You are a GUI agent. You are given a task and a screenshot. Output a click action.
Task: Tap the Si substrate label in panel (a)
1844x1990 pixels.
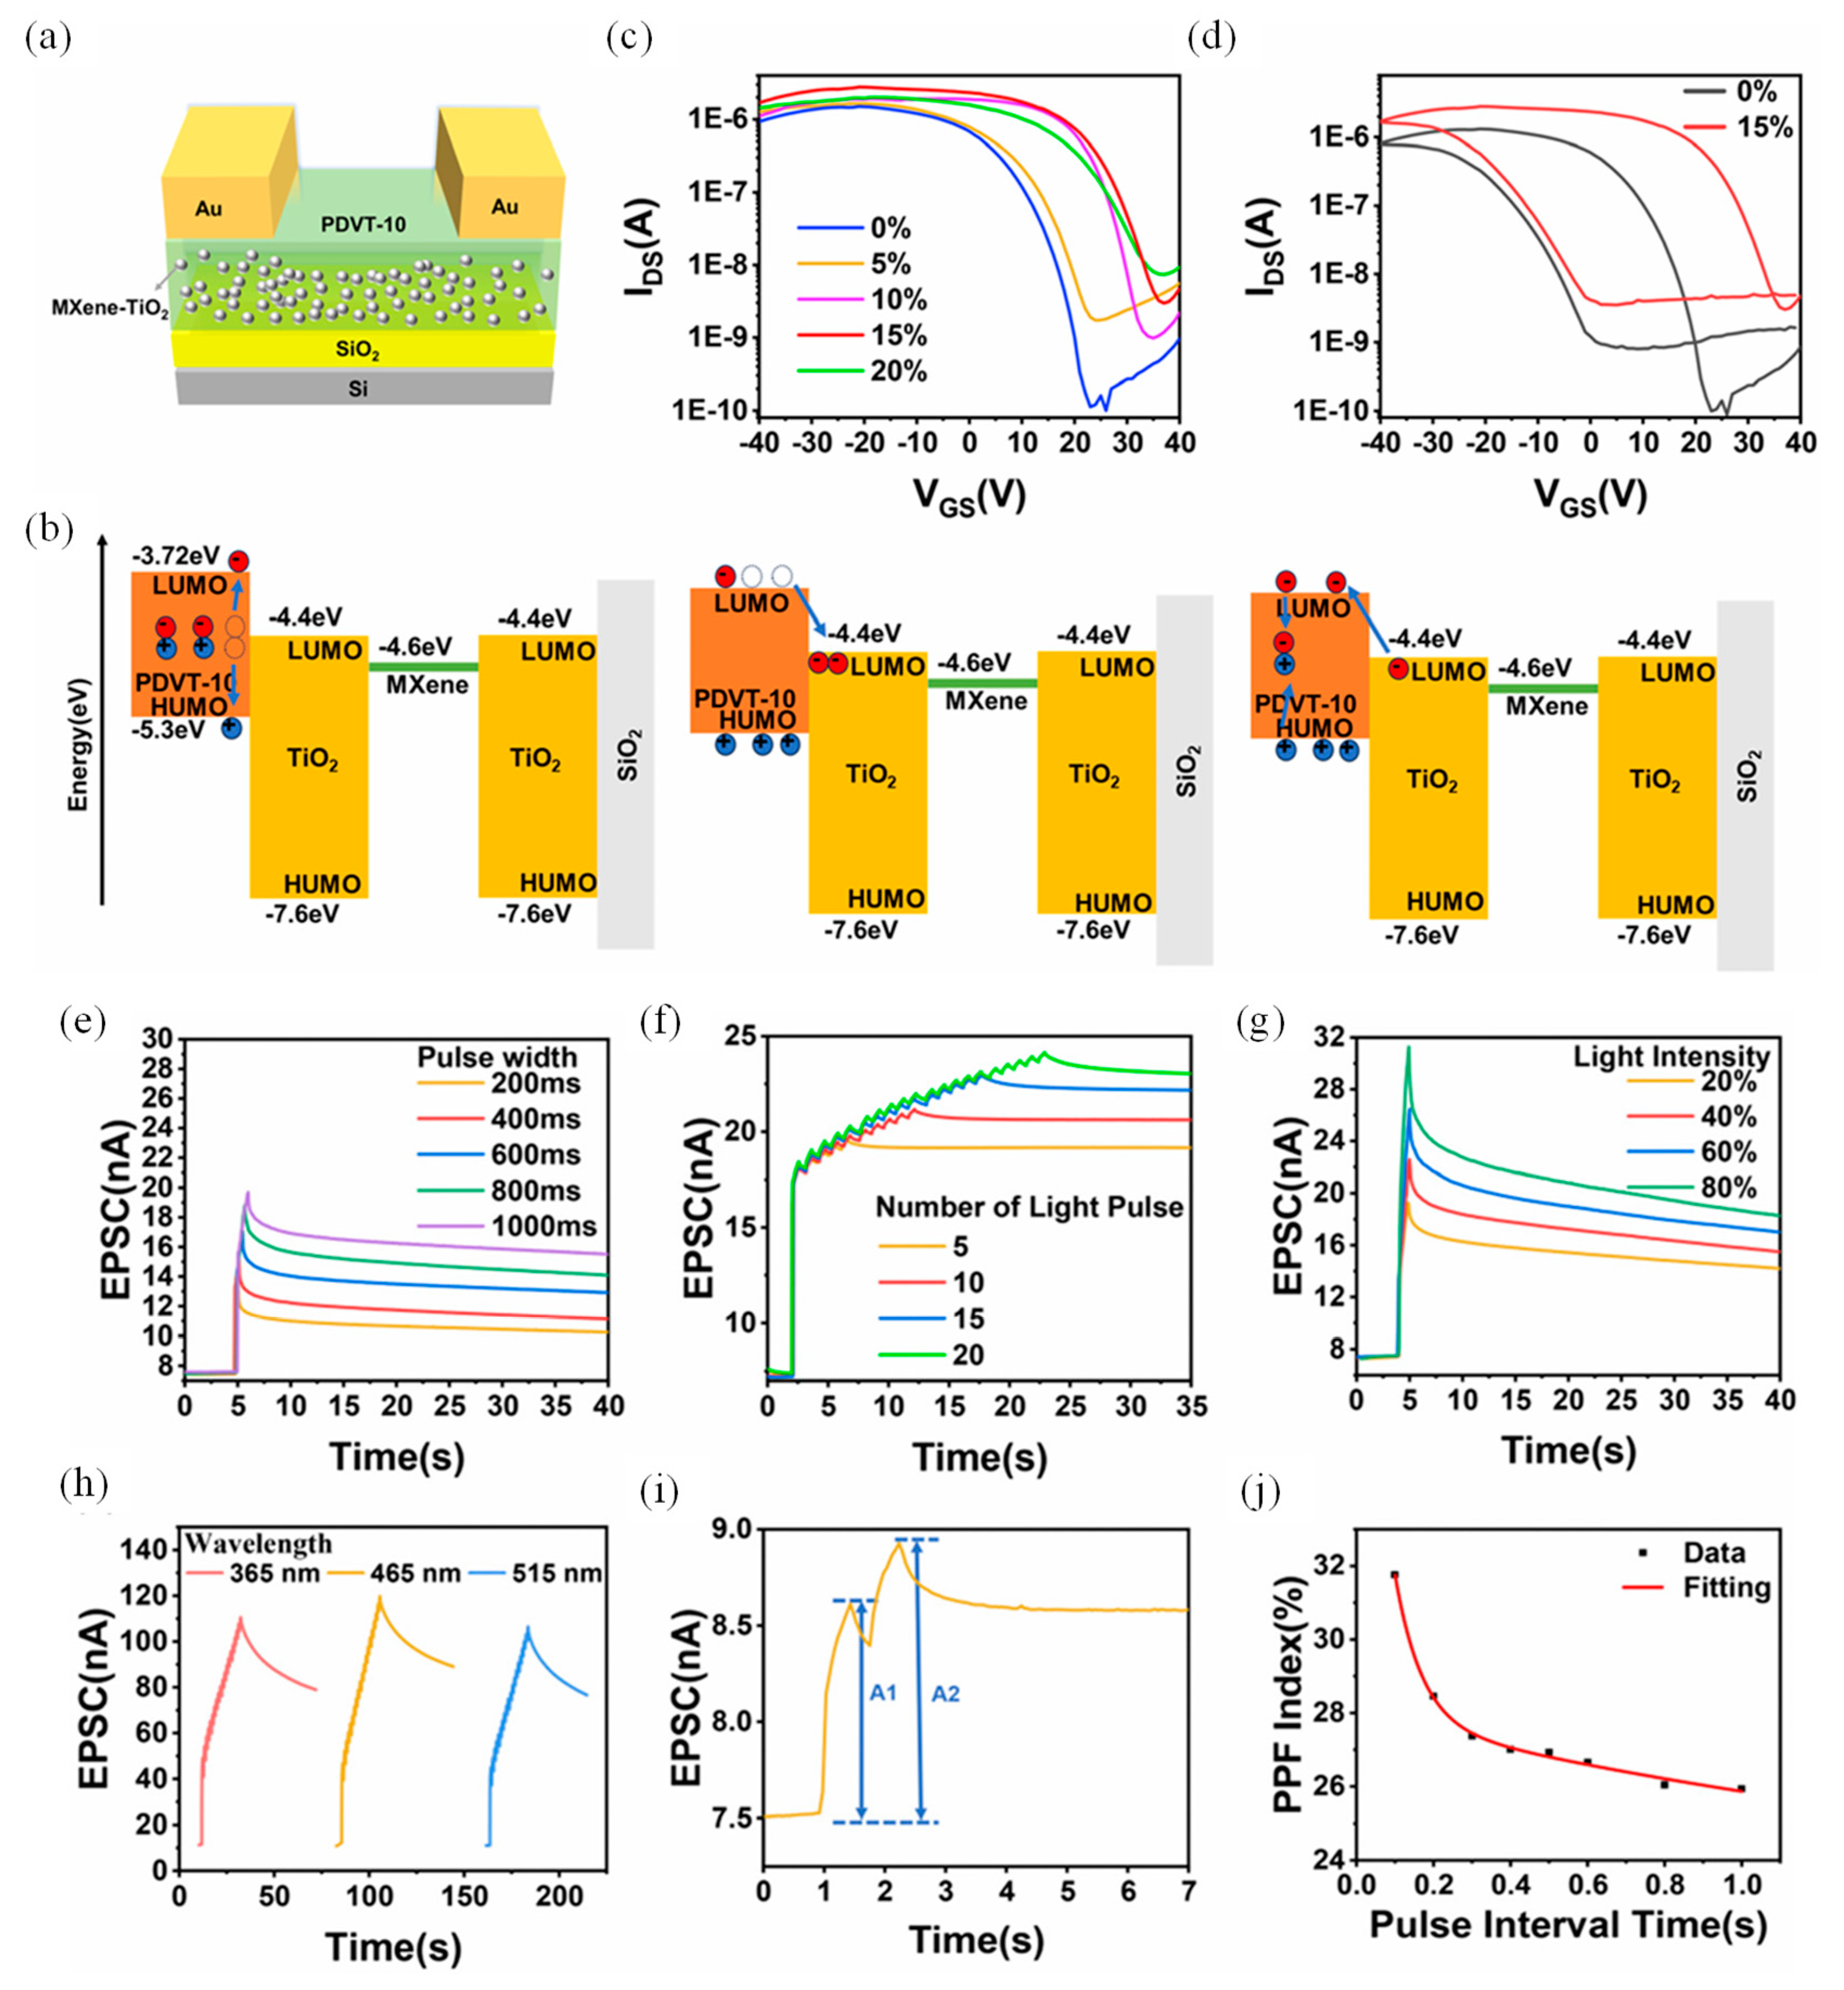coord(357,388)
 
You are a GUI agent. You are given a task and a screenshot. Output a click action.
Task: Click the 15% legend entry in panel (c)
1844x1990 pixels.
coord(898,335)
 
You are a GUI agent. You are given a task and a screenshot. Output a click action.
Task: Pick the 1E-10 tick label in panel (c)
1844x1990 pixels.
coord(709,410)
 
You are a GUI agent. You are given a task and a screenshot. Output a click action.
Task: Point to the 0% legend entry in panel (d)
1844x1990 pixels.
coord(1756,92)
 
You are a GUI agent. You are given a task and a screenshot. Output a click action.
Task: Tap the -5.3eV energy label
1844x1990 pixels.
coord(168,729)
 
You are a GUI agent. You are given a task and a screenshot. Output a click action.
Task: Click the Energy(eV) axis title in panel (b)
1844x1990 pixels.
coord(79,744)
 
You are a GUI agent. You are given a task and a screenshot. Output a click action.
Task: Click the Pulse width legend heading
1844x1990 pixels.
coord(497,1057)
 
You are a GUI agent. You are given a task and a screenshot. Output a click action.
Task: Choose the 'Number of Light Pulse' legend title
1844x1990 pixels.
coord(1029,1208)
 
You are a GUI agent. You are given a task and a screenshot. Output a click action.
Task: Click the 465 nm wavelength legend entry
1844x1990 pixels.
coord(415,1574)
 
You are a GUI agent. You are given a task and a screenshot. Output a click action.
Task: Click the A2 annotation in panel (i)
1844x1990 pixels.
coord(945,1693)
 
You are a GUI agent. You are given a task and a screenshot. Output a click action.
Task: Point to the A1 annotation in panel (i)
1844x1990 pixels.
coord(883,1693)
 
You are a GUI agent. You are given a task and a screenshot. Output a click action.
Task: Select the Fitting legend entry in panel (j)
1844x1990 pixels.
coord(1726,1588)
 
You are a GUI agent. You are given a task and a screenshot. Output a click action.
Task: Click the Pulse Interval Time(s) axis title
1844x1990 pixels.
coord(1567,1924)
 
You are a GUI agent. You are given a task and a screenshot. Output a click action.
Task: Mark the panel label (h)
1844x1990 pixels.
coord(84,1485)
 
